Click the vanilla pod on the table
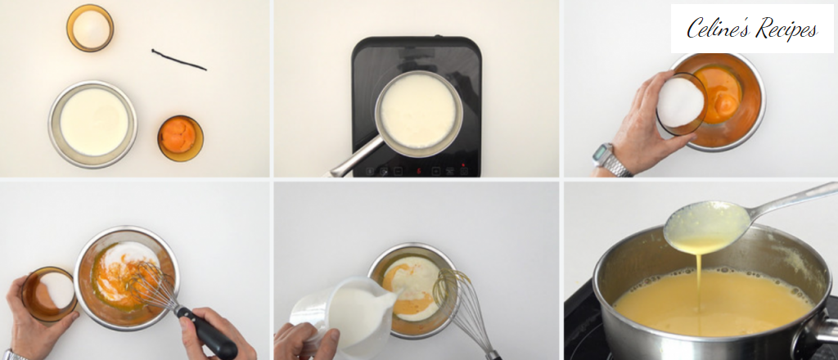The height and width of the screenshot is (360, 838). pyautogui.click(x=178, y=60)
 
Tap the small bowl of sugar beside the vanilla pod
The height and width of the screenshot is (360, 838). pyautogui.click(x=90, y=29)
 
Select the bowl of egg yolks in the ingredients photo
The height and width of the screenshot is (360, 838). pyautogui.click(x=179, y=137)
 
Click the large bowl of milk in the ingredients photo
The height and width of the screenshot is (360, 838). pyautogui.click(x=92, y=123)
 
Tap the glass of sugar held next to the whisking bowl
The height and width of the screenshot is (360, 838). pyautogui.click(x=49, y=293)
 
